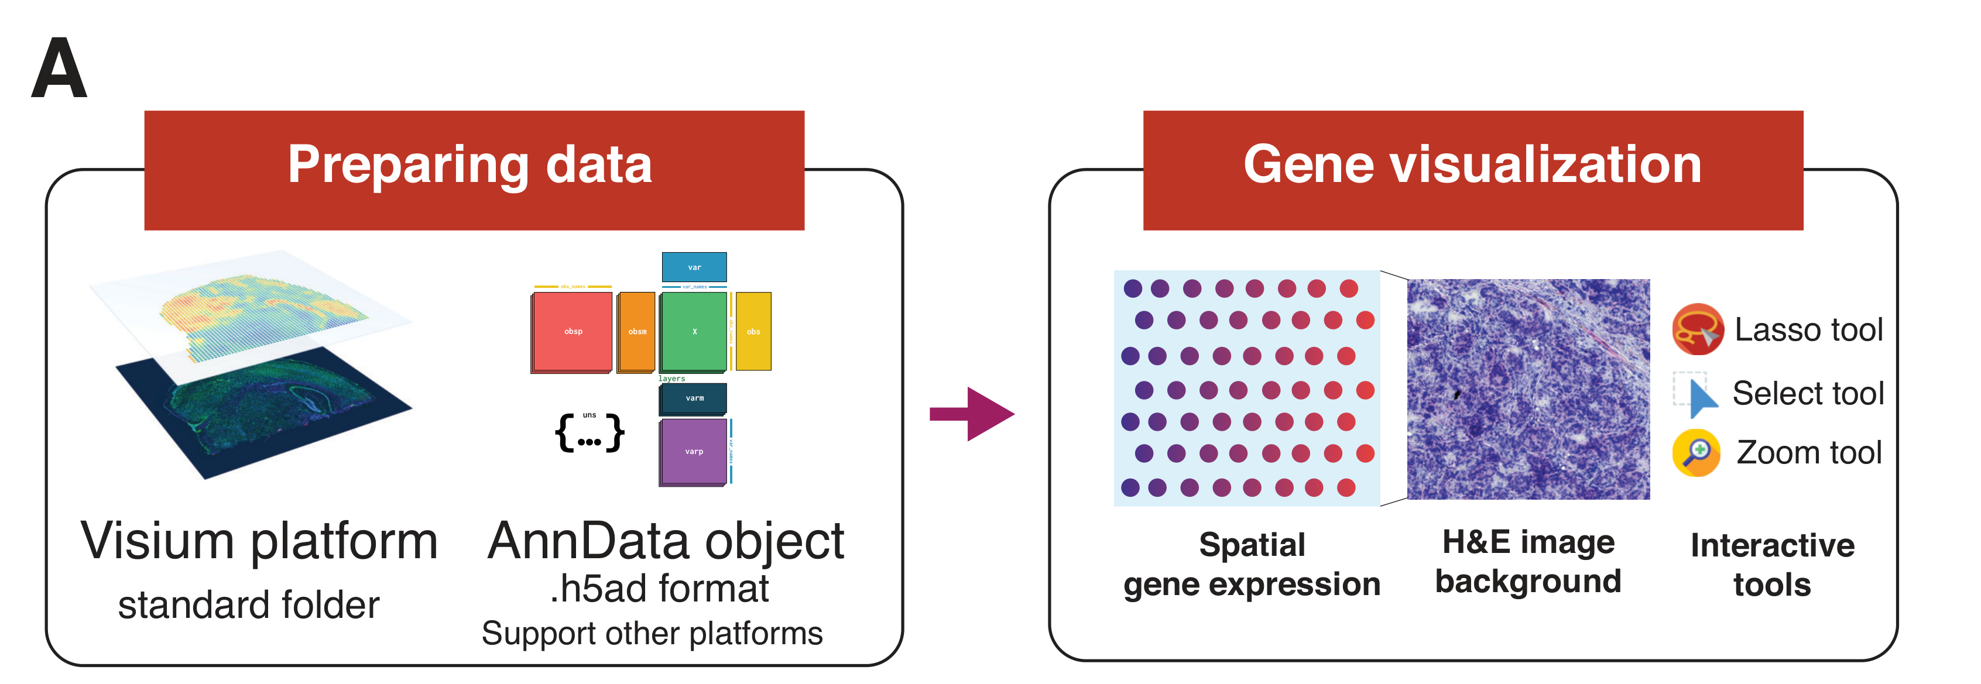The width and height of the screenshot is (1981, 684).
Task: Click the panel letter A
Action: (x=59, y=69)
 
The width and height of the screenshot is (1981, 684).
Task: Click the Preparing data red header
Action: (x=474, y=169)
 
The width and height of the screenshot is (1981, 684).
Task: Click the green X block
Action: (x=694, y=331)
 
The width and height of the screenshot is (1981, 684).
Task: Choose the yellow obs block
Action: (x=753, y=331)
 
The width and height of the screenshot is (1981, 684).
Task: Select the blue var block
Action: (x=694, y=267)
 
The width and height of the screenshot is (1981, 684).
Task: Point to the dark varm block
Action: (x=694, y=398)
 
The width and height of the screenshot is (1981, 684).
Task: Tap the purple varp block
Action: (x=693, y=451)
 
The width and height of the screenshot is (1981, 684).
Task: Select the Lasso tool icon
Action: (x=1697, y=329)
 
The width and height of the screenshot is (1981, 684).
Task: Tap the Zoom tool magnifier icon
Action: (x=1696, y=453)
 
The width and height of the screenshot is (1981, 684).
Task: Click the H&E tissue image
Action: (x=1528, y=389)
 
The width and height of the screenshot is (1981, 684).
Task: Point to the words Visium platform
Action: (x=259, y=541)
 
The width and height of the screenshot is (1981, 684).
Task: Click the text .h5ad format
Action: (x=659, y=589)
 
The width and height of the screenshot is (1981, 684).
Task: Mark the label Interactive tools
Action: (x=1772, y=565)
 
